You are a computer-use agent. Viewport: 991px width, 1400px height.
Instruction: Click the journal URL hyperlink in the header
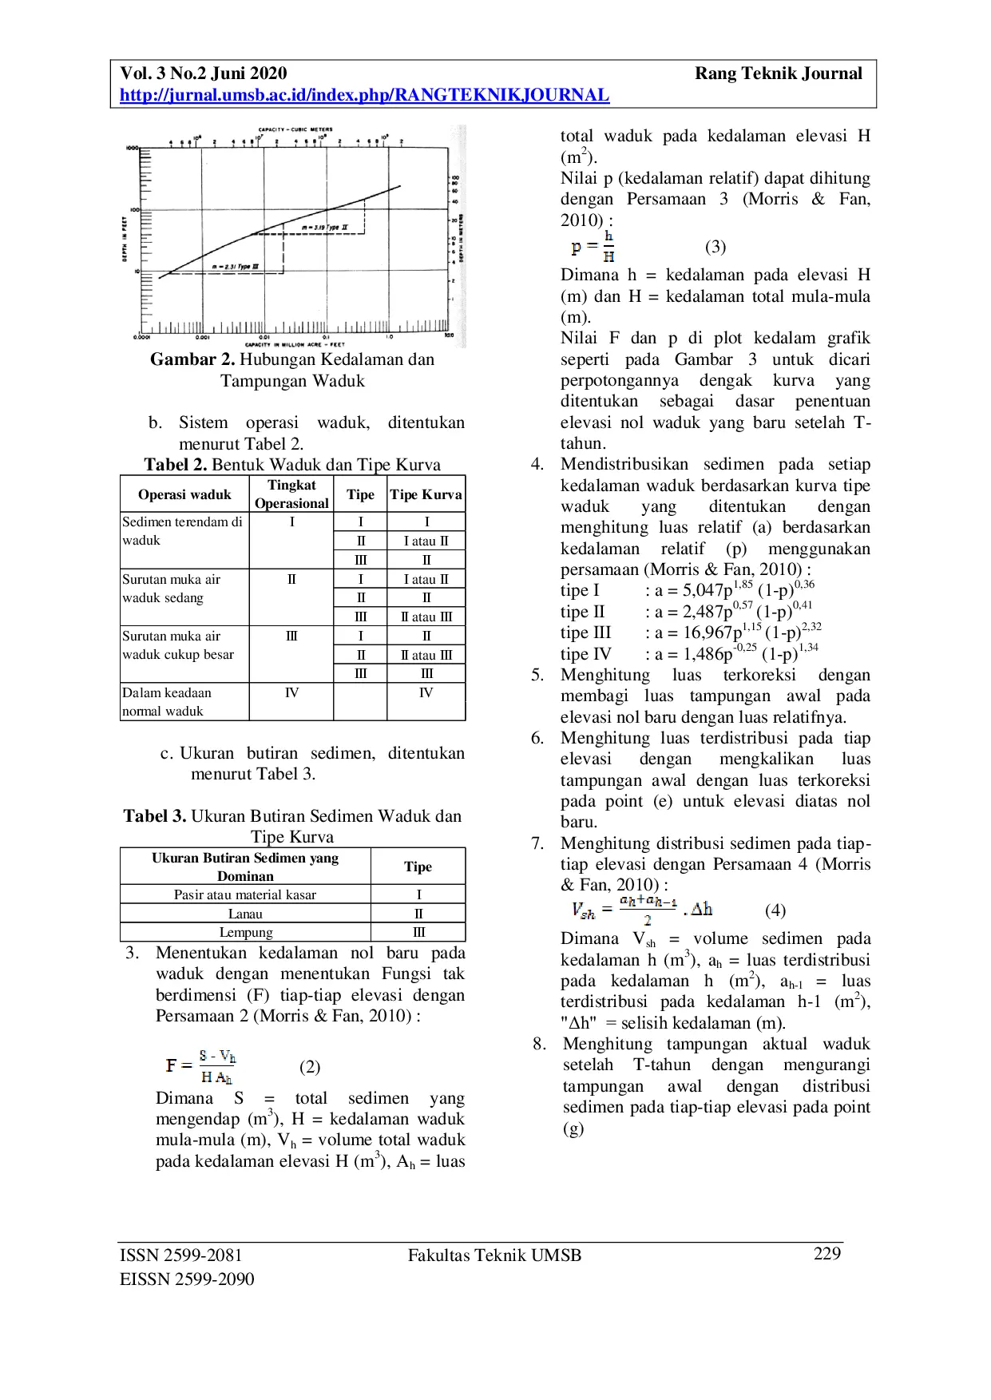click(364, 95)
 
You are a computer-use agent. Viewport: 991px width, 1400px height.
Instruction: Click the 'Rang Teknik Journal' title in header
click(778, 73)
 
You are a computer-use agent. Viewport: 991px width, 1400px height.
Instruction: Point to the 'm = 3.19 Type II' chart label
click(325, 228)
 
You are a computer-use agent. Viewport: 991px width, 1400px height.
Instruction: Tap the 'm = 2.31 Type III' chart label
click(235, 266)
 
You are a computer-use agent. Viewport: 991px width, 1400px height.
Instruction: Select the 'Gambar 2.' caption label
click(192, 359)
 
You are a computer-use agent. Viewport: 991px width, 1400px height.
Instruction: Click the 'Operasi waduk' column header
click(184, 494)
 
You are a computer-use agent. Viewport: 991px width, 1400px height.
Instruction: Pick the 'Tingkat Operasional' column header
click(291, 494)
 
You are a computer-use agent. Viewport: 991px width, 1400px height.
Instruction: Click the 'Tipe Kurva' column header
click(426, 494)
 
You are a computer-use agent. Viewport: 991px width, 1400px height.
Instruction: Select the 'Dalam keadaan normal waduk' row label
click(166, 702)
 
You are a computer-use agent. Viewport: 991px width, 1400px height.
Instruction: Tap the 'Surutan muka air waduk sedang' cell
click(171, 589)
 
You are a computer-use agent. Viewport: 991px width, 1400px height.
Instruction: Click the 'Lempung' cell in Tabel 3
click(245, 932)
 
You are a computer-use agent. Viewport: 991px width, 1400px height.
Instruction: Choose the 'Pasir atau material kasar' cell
click(245, 894)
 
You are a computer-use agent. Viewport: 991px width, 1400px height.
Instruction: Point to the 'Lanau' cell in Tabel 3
click(245, 914)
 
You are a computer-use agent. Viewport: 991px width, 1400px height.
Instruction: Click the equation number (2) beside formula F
click(310, 1067)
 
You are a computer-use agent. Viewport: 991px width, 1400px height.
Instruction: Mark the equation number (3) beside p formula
click(716, 247)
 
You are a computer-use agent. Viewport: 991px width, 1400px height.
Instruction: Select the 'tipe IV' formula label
click(585, 654)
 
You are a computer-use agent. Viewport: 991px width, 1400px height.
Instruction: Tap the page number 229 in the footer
click(827, 1254)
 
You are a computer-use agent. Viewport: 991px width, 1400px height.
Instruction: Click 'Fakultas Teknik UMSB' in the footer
click(494, 1255)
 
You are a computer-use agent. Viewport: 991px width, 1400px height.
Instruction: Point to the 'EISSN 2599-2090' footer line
click(187, 1279)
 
